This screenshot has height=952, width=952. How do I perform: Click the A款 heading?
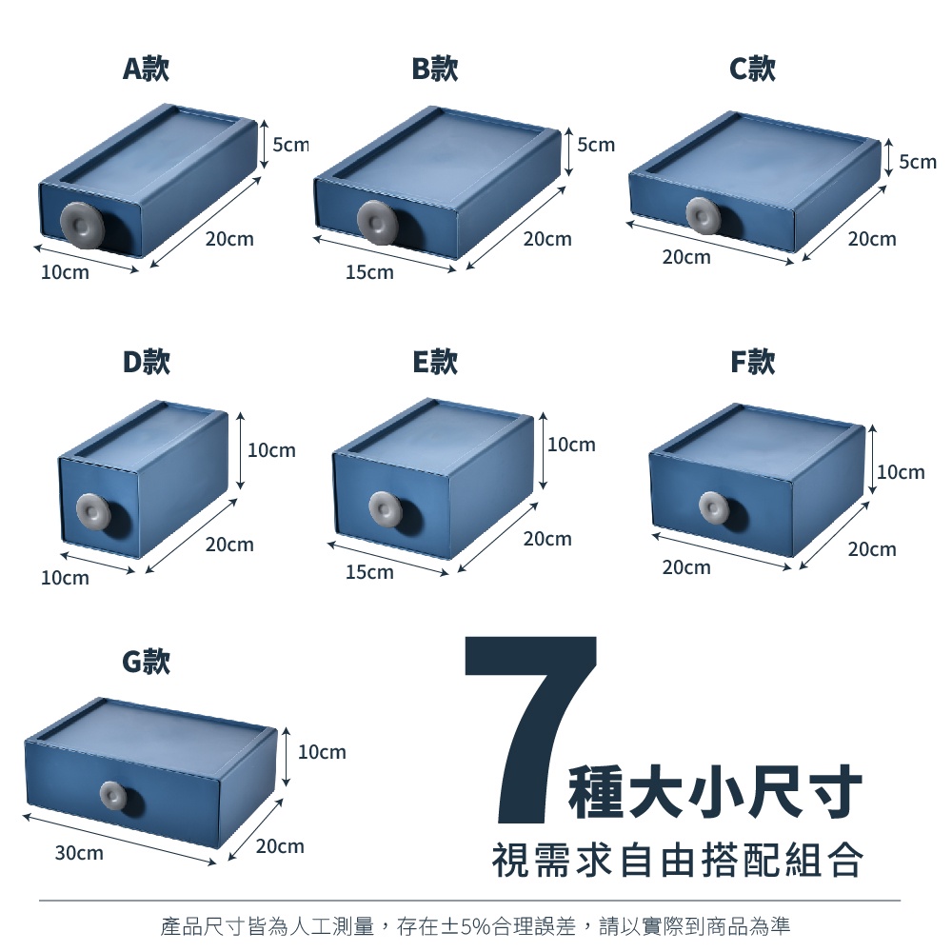146,68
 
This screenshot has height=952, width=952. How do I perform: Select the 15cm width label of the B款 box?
369,272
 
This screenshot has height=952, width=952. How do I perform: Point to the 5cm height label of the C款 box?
918,162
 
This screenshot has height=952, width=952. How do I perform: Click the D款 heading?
147,362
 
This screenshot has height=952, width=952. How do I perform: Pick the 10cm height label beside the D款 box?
271,450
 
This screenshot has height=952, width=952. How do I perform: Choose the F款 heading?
753,362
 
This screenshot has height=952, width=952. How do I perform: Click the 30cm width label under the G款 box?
79,853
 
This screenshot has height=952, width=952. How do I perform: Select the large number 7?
531,728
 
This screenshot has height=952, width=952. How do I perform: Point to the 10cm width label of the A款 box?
65,272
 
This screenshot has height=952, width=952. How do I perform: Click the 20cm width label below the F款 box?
686,567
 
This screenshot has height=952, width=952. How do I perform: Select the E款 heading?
435,362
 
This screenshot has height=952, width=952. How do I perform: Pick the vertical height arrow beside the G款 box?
286,757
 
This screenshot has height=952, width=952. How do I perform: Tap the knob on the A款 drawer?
82,224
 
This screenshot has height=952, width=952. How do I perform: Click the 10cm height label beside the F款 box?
901,472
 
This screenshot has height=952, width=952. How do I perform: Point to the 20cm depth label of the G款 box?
280,845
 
